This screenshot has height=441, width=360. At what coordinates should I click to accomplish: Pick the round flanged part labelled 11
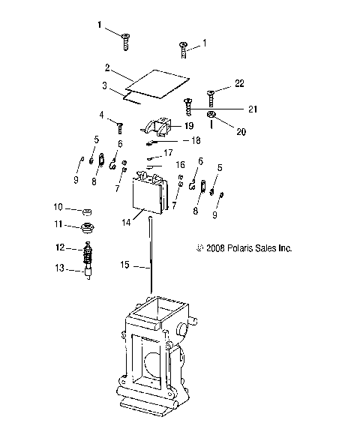(87, 226)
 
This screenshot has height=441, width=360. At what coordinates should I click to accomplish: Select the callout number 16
(179, 163)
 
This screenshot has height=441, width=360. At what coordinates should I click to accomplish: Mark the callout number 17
(168, 152)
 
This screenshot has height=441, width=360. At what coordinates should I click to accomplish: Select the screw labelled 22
(211, 94)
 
